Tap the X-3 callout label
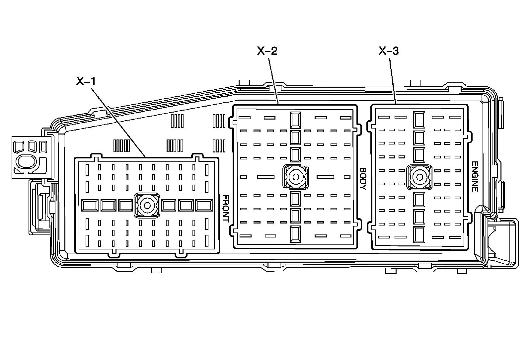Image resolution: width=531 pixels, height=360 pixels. click(x=389, y=51)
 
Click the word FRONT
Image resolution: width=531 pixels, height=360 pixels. click(x=225, y=208)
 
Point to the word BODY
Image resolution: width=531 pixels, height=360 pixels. click(x=362, y=178)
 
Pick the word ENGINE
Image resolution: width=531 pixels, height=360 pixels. click(x=475, y=176)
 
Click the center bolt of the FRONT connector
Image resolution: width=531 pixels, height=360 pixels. click(x=146, y=206)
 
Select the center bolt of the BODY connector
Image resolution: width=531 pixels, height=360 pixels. click(x=295, y=177)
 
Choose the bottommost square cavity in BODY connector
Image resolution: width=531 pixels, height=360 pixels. click(x=295, y=234)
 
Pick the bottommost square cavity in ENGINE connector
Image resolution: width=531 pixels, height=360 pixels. click(x=419, y=234)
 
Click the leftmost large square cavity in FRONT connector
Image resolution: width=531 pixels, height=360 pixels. click(x=90, y=206)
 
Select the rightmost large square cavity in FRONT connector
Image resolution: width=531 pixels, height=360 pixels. click(x=204, y=206)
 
